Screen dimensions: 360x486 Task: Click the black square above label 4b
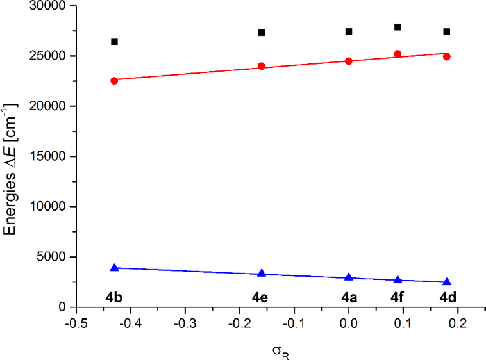[114, 42]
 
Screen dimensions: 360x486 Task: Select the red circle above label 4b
[114, 81]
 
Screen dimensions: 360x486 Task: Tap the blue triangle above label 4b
[114, 268]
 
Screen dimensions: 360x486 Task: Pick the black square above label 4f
[398, 27]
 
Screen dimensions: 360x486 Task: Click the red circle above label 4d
[447, 56]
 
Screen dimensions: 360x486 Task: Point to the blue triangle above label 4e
[262, 274]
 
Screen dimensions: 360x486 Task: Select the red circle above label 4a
[349, 61]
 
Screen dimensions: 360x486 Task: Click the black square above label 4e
[262, 33]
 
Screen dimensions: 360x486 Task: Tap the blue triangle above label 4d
[447, 282]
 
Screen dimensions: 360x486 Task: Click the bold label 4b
[114, 297]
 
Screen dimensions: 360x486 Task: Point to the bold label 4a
[349, 297]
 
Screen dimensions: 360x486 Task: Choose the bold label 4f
[398, 297]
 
